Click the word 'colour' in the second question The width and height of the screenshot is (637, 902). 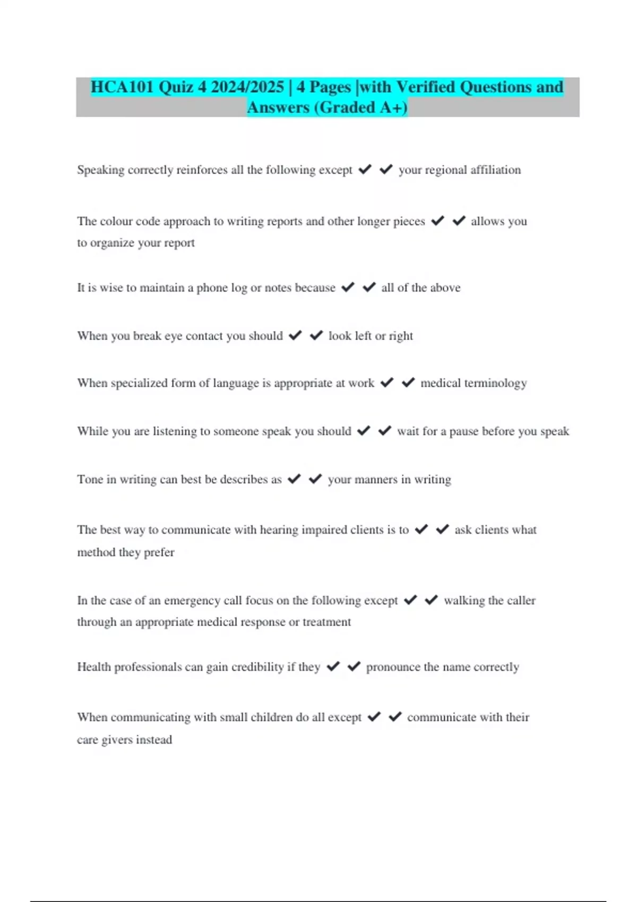point(116,221)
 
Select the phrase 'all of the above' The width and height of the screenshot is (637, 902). point(420,288)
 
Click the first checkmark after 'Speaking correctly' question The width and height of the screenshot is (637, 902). point(365,169)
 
